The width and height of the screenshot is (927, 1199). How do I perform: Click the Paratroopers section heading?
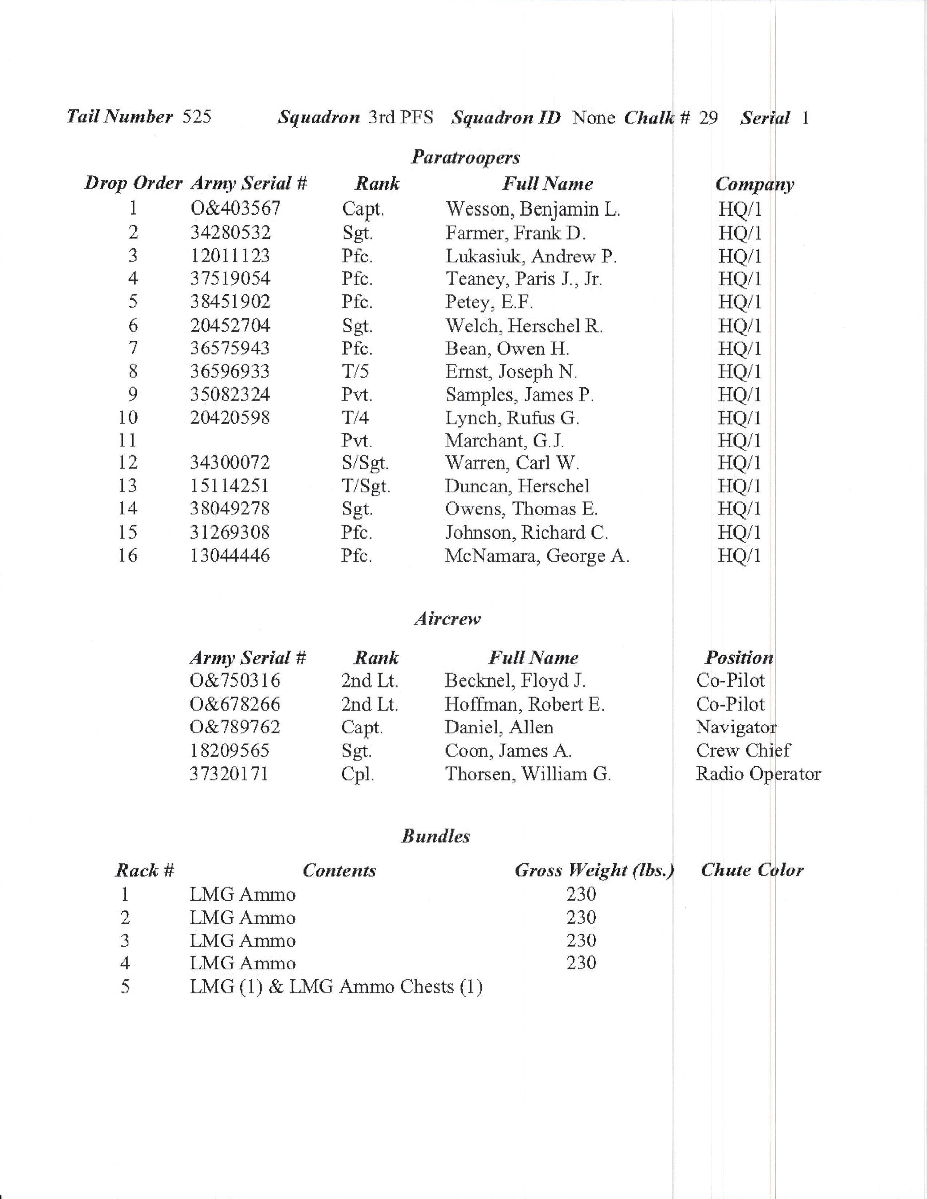465,158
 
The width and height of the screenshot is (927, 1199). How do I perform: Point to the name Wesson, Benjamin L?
532,209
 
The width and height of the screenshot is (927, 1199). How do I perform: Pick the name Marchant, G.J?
504,440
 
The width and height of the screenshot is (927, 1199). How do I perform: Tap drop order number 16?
127,556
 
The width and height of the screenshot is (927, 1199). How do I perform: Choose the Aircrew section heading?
447,619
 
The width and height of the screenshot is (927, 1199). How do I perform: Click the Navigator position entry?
736,727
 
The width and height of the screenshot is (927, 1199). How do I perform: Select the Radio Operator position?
758,774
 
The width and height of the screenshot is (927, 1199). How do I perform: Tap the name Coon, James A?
508,751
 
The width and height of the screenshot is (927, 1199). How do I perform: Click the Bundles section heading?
436,836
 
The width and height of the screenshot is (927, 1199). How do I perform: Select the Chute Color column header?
752,870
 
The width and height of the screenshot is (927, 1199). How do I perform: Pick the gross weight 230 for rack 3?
581,940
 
